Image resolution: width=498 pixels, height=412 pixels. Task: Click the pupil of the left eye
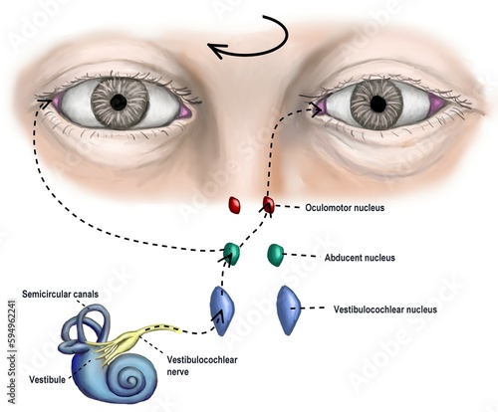click(x=119, y=101)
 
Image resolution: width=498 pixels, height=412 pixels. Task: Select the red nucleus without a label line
click(x=235, y=205)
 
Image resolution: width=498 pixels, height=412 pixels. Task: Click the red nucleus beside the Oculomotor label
click(x=267, y=205)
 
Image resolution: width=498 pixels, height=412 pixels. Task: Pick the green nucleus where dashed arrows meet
click(x=232, y=253)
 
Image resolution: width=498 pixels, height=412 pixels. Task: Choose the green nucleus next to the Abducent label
click(x=276, y=255)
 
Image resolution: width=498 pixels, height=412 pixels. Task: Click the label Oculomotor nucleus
click(x=344, y=209)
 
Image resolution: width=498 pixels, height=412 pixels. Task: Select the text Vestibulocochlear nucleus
click(x=387, y=309)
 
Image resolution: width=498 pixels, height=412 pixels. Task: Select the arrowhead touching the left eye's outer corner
click(x=43, y=99)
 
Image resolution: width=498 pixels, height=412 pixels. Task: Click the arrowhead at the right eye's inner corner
click(x=319, y=108)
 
